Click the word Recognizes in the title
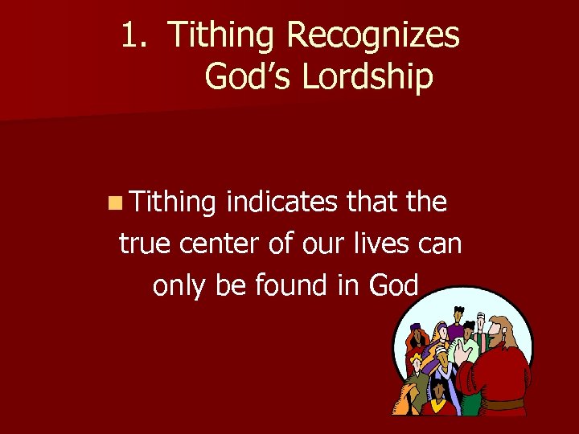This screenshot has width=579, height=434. point(373,35)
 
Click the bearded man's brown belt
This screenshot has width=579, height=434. point(506,403)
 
